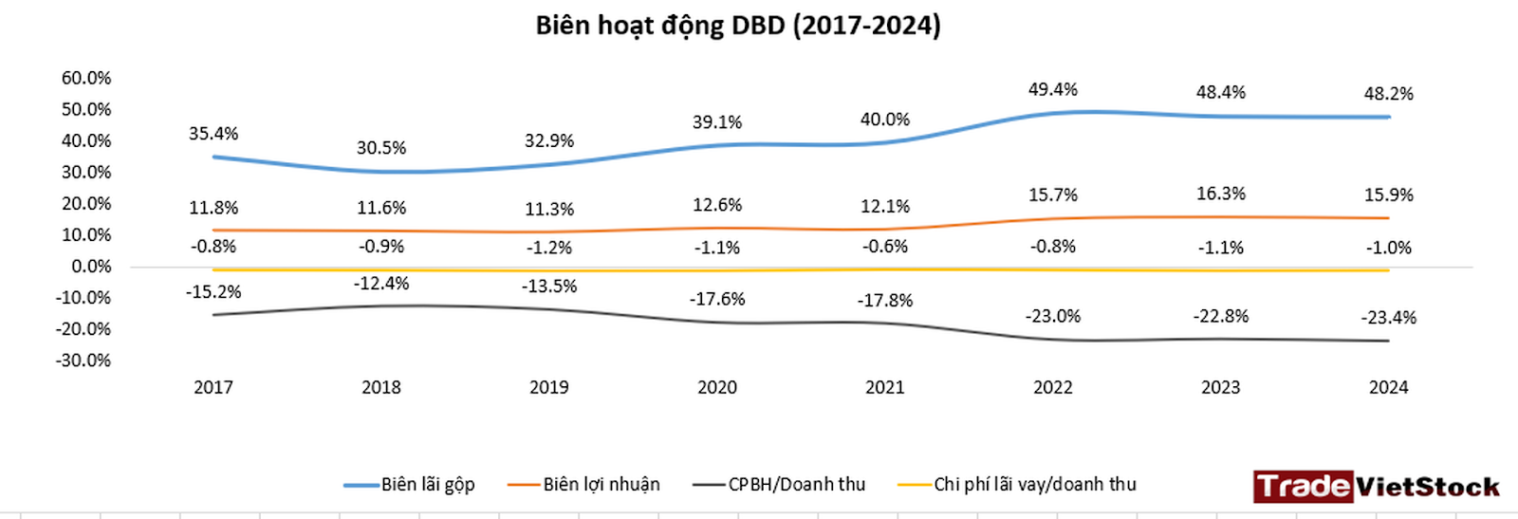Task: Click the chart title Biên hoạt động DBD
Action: [738, 26]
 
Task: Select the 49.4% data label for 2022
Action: [1052, 89]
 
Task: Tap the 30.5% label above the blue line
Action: [381, 148]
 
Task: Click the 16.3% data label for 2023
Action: [1220, 194]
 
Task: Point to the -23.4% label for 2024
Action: [1388, 318]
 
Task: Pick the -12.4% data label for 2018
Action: [381, 284]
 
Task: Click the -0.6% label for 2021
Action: [884, 247]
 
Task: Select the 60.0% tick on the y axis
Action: [86, 78]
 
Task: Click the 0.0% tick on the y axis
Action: [91, 267]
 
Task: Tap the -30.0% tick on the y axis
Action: [83, 361]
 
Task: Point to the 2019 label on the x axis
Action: [548, 387]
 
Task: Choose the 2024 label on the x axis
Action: [1388, 387]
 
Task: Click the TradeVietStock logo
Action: [1376, 487]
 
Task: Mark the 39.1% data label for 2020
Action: [716, 122]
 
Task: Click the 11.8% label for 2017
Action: [213, 208]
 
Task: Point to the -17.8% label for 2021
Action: [884, 301]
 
